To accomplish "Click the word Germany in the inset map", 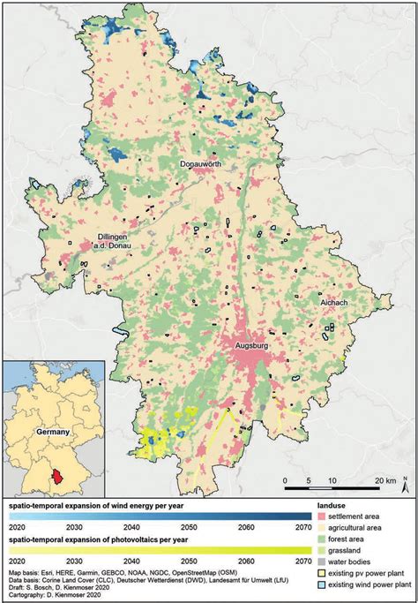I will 52,434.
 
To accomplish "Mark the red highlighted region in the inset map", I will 58,478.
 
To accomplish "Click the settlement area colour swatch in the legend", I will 323,516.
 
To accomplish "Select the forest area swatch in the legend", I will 323,539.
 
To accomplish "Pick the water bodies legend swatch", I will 323,562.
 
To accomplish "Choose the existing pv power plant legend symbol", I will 323,573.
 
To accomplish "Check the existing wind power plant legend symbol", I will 323,584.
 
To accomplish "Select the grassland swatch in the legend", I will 323,550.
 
